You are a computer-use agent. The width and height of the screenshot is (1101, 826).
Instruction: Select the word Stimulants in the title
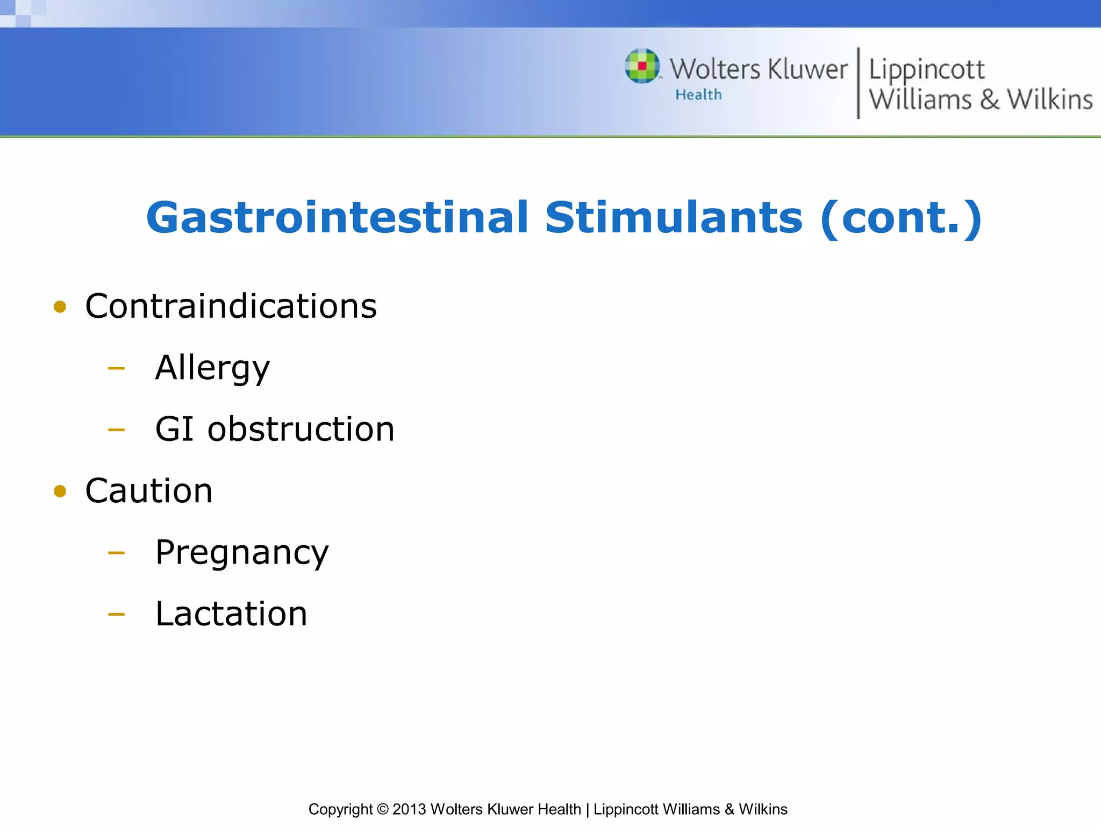click(674, 218)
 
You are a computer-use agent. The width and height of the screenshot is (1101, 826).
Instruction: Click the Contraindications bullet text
click(231, 307)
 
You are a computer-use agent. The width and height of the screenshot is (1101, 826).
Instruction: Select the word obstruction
click(301, 429)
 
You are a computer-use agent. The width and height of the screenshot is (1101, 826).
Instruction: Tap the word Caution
click(149, 491)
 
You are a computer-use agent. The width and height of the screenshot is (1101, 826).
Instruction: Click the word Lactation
click(231, 614)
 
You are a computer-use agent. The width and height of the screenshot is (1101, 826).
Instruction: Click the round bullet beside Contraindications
click(60, 307)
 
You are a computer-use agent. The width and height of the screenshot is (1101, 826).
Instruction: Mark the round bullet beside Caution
click(60, 491)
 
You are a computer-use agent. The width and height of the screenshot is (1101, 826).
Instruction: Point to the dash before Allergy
click(116, 369)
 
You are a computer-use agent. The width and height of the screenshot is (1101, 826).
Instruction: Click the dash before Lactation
click(116, 614)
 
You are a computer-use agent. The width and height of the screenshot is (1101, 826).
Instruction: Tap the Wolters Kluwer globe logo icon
click(642, 66)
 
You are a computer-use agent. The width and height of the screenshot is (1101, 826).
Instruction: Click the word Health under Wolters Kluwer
click(698, 95)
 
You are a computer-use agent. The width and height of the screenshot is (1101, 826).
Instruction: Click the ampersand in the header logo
click(989, 100)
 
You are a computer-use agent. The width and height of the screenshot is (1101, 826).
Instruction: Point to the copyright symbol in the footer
click(382, 809)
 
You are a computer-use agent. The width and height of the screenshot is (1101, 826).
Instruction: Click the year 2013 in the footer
click(409, 809)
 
